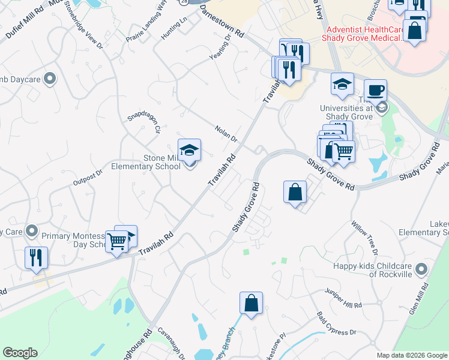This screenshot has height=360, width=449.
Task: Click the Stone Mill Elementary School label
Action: coord(161,162)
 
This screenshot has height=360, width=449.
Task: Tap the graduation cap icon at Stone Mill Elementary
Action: coord(189,149)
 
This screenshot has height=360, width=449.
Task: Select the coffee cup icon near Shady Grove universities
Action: coord(375,91)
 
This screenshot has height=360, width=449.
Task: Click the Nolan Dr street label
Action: coord(226,133)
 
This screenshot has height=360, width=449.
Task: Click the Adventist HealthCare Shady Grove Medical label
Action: coord(366,34)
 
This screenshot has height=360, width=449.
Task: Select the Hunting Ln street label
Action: coord(174,28)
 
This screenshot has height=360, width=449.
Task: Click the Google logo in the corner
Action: coord(20,353)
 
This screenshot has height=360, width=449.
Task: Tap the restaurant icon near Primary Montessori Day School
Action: coord(36,257)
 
